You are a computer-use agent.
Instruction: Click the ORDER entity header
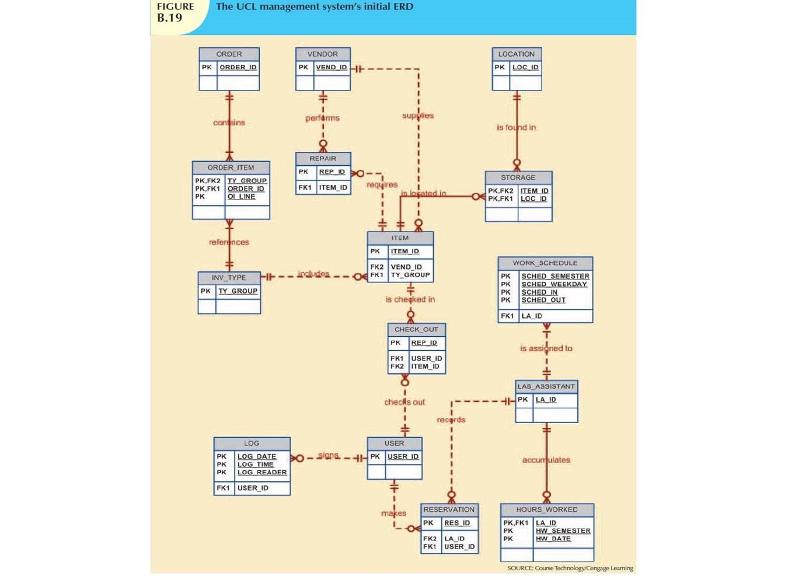coord(229,54)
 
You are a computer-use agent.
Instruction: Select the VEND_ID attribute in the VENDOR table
coord(331,68)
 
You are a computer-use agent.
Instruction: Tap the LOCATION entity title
coord(516,54)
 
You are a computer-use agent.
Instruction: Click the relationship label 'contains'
coord(229,123)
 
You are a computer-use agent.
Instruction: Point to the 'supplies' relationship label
coord(418,116)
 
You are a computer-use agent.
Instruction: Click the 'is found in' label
coord(516,127)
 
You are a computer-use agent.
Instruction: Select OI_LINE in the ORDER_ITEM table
coord(241,197)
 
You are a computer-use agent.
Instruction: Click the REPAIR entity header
coord(323,159)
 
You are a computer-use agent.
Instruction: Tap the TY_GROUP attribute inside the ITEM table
coord(410,275)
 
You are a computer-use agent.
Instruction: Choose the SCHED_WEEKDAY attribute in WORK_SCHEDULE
coord(554,284)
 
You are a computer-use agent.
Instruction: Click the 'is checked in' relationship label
coord(410,299)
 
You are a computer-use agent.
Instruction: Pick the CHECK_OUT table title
coord(416,330)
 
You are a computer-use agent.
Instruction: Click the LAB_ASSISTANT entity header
coord(546,386)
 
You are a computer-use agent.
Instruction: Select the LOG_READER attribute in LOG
coord(261,473)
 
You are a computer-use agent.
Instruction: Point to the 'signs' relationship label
coord(328,455)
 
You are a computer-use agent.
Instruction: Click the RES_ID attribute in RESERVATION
coord(456,523)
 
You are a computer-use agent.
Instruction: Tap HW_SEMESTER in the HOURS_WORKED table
coord(563,531)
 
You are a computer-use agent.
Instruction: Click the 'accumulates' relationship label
coord(546,460)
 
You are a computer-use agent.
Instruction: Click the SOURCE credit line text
coord(570,568)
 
